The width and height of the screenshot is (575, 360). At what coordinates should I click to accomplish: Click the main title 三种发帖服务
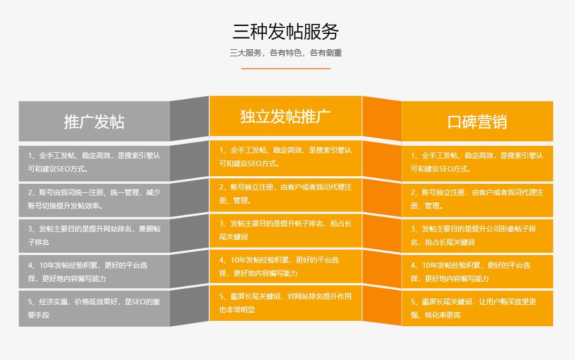286,31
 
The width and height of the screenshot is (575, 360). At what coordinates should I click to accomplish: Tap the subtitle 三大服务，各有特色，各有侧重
286,53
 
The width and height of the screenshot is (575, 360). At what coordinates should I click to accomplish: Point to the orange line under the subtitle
286,68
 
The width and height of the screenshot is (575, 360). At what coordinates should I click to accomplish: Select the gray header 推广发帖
94,122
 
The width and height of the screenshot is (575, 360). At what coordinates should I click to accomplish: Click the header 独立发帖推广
286,116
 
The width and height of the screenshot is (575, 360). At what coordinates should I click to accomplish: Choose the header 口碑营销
477,122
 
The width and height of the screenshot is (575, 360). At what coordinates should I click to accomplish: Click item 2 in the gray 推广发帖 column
94,199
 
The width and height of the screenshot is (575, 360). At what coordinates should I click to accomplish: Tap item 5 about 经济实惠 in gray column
94,308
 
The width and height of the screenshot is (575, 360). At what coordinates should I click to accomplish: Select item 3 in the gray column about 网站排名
94,236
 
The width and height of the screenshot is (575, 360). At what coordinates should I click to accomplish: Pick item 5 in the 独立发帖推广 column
285,303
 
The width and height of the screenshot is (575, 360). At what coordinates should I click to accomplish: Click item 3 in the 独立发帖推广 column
285,230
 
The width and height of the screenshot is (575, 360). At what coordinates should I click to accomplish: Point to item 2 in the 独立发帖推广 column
285,194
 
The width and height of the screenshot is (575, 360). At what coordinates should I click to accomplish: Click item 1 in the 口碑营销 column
476,162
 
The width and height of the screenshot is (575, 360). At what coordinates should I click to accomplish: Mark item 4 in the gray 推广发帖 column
88,272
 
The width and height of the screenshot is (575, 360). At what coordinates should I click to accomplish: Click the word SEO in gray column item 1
64,169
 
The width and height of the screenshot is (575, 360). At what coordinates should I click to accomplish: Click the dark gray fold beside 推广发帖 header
189,118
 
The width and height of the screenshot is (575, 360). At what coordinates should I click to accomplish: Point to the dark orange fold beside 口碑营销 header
382,118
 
